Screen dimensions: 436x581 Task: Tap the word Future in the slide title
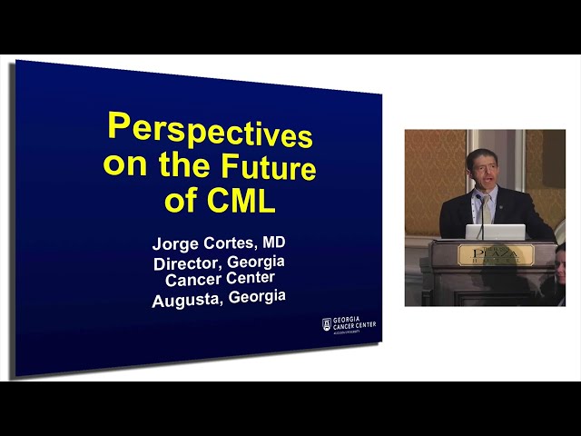pos(268,168)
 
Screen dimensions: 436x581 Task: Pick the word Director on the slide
pos(186,264)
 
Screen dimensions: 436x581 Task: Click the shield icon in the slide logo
pos(328,324)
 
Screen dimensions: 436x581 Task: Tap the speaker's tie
pos(485,209)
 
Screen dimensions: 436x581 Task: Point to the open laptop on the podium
pos(495,232)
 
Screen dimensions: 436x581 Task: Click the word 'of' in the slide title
pos(179,203)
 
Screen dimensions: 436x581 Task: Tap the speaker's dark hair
pos(480,154)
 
